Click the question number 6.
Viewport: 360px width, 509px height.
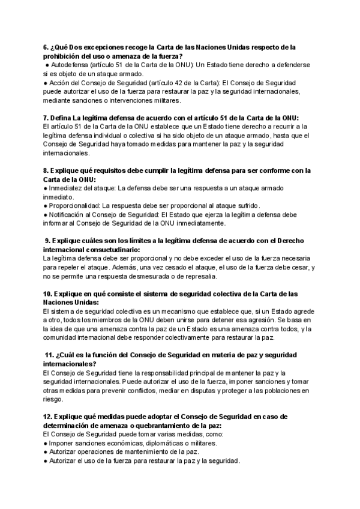pos(46,48)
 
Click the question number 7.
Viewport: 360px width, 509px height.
pos(46,118)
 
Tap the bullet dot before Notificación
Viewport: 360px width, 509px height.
pos(46,214)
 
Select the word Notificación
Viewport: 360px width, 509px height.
pos(68,214)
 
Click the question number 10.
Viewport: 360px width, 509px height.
pos(47,294)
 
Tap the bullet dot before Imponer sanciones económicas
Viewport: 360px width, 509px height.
pos(46,443)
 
